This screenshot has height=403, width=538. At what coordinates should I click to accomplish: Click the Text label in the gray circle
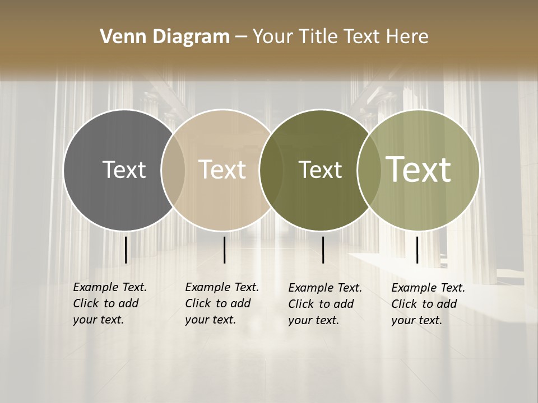tap(124, 170)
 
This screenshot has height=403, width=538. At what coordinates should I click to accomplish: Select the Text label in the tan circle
tap(222, 170)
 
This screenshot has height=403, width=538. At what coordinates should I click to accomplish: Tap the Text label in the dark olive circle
tap(320, 170)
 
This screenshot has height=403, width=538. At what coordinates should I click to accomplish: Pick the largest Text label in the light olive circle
tap(419, 170)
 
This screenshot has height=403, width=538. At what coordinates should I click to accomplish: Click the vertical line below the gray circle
tap(126, 250)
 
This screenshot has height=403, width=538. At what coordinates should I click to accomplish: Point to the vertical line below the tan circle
tap(224, 250)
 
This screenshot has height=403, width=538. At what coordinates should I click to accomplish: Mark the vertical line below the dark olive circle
tap(323, 250)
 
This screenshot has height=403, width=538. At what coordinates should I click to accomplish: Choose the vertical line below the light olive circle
tap(417, 250)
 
